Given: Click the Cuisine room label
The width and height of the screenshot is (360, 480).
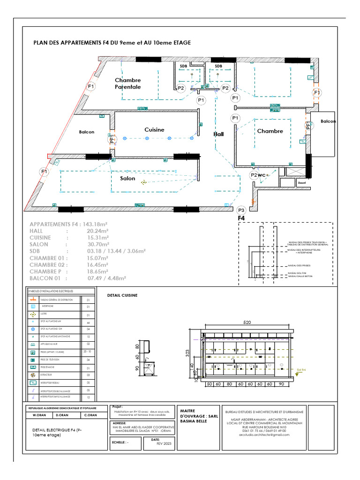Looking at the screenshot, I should click(154, 130).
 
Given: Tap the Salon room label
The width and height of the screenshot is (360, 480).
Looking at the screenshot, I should click(127, 179).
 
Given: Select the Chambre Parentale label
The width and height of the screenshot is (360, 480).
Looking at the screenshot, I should click(128, 83).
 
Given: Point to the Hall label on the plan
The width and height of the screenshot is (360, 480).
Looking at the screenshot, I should click(218, 134).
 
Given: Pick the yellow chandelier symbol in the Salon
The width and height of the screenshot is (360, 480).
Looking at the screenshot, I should click(143, 182).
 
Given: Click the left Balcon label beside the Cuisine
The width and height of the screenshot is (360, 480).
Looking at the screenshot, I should click(87, 132).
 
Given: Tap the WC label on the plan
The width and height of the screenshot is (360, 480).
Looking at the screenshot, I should click(262, 175).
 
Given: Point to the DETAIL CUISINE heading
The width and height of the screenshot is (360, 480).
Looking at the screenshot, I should click(122, 296).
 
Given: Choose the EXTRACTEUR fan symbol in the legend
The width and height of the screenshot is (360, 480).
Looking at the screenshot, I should click(33, 375).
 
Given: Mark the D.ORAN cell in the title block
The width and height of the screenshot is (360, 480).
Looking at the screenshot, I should click(63, 415).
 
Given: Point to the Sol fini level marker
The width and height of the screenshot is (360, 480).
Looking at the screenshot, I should click(301, 370).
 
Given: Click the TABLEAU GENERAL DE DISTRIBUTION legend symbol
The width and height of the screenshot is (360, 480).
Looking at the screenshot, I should click(33, 300).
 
